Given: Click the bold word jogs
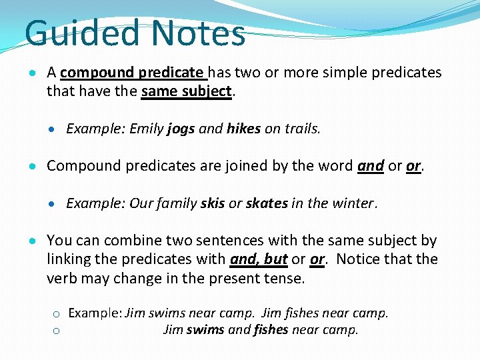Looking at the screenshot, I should (x=181, y=129).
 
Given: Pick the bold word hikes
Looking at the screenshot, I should (x=243, y=129).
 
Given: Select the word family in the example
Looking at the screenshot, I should (x=178, y=203).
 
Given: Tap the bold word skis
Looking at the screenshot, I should (x=213, y=203).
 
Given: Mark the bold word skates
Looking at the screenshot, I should (x=267, y=203).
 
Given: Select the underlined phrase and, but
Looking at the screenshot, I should (x=259, y=259).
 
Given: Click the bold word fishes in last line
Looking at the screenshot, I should (x=271, y=329).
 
